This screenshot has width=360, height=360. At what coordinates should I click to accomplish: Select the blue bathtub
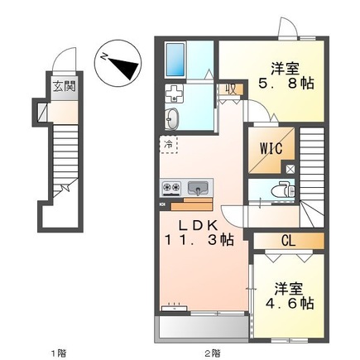click(179, 57)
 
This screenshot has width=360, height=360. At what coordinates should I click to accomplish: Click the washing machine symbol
click(177, 93)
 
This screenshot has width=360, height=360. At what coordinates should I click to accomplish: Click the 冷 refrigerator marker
click(169, 146)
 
